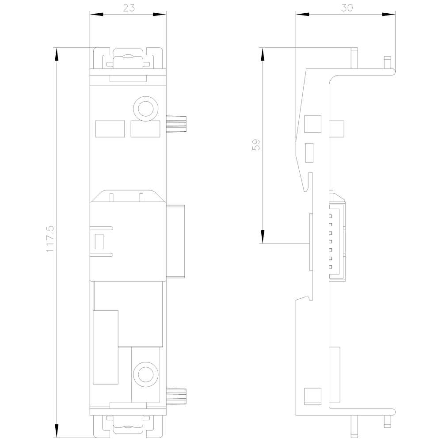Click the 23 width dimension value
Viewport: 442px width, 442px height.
pyautogui.click(x=129, y=8)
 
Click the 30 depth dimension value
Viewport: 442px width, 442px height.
pyautogui.click(x=347, y=8)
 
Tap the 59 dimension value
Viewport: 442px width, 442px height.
pyautogui.click(x=256, y=145)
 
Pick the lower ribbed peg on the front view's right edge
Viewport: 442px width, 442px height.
pyautogui.click(x=176, y=397)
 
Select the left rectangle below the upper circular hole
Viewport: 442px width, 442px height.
pyautogui.click(x=110, y=129)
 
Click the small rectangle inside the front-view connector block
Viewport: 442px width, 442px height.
pyautogui.click(x=99, y=242)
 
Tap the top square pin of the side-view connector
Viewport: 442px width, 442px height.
pyautogui.click(x=330, y=216)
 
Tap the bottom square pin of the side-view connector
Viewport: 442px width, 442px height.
pyautogui.click(x=330, y=267)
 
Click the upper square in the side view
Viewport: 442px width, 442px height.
pyautogui.click(x=312, y=124)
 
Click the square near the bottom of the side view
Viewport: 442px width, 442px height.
pyautogui.click(x=312, y=396)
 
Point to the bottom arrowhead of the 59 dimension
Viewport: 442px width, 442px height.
pyautogui.click(x=263, y=237)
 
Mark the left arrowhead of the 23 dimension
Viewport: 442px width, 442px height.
pyautogui.click(x=96, y=14)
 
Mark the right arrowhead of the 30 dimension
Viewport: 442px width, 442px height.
pyautogui.click(x=389, y=14)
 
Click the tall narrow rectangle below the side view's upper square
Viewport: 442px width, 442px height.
pyautogui.click(x=309, y=153)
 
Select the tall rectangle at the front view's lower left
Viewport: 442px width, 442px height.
pyautogui.click(x=106, y=347)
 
